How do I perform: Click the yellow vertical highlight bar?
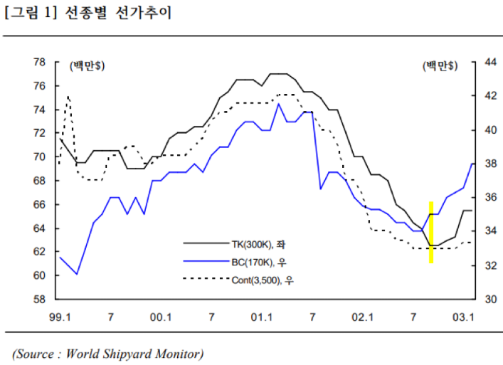431,232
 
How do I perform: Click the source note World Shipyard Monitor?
107,353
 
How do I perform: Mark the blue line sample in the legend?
206,262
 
